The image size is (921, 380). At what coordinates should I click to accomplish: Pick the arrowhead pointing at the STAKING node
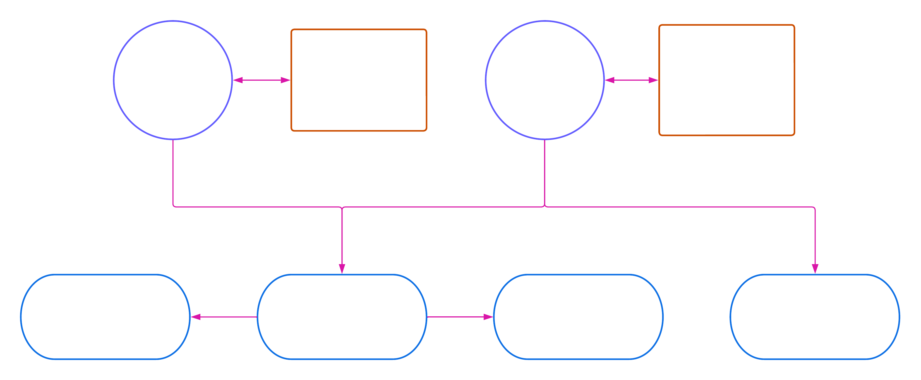[x=196, y=317]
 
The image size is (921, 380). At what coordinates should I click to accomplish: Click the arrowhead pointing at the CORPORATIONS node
[x=488, y=317]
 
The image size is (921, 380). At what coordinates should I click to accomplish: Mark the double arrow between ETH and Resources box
[x=261, y=80]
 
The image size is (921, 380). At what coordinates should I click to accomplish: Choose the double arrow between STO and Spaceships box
[x=631, y=80]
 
